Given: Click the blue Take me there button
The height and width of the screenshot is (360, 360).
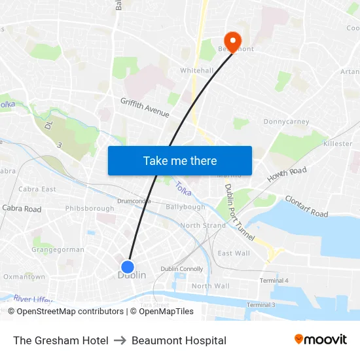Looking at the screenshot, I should (x=180, y=160).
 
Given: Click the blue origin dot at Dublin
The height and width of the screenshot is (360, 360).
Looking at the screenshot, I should (x=128, y=267).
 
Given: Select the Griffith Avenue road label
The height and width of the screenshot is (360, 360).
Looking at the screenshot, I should (x=145, y=107).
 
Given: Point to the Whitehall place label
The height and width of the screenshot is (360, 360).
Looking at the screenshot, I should (x=197, y=71).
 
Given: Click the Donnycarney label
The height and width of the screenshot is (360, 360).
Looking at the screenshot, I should (x=286, y=122).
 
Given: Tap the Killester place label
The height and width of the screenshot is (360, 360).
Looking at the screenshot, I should (x=338, y=143).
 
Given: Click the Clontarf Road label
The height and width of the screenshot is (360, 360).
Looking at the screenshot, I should (x=306, y=206).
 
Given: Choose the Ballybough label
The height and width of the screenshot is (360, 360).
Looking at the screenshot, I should (x=185, y=207).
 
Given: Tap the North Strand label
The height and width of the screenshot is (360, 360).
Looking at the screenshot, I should (x=203, y=225).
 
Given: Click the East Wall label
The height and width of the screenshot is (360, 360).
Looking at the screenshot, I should (x=234, y=253).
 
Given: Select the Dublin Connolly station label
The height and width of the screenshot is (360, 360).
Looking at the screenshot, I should (x=182, y=269).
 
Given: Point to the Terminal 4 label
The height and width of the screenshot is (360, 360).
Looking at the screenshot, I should (x=274, y=280).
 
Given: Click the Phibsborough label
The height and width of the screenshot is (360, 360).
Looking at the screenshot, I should (x=89, y=209).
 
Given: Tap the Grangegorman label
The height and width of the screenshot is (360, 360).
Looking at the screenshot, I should (x=58, y=249).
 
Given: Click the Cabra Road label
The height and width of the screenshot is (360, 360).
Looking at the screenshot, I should (x=22, y=209).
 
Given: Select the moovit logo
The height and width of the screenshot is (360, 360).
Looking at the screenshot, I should (x=320, y=340).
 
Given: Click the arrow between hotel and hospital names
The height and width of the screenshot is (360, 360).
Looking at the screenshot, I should (x=120, y=340).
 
